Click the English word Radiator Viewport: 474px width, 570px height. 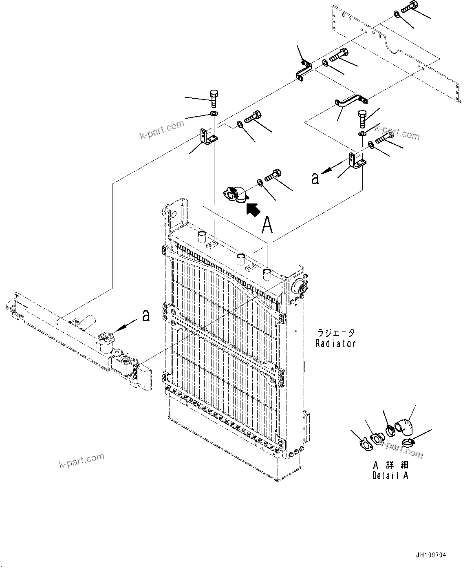click(x=335, y=343)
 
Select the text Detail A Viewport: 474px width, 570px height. click(x=390, y=475)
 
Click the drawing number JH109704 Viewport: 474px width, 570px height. click(x=431, y=555)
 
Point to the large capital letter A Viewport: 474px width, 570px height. click(x=267, y=225)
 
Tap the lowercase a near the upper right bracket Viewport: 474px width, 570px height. click(x=315, y=178)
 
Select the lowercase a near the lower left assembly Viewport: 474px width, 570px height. click(x=146, y=315)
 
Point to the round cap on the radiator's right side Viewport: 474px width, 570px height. click(x=299, y=286)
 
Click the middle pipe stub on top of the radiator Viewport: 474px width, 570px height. click(x=241, y=258)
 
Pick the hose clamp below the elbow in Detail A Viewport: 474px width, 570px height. click(x=408, y=442)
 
